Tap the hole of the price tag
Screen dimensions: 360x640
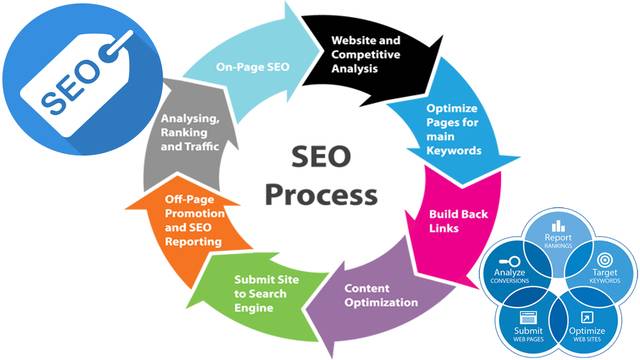(x=113, y=42)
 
